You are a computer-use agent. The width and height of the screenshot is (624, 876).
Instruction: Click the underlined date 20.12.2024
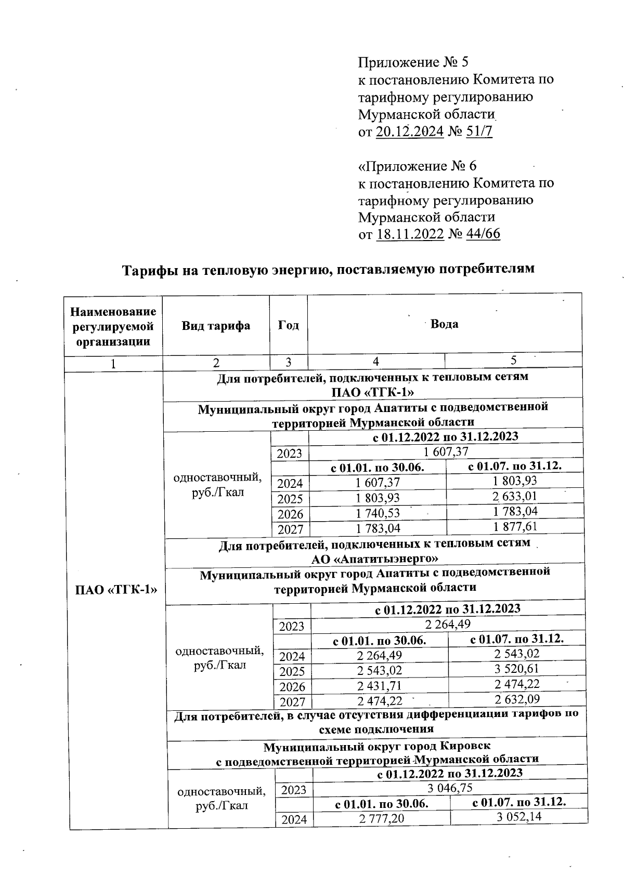409,131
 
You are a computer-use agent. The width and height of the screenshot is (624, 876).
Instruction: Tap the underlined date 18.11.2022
410,234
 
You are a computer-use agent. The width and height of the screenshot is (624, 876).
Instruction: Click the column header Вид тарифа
216,326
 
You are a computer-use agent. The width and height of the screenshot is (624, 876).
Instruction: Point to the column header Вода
445,324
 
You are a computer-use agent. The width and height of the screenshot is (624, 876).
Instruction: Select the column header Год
289,326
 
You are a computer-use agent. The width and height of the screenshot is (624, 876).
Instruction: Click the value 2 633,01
514,496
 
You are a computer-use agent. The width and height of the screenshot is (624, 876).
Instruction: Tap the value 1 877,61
515,526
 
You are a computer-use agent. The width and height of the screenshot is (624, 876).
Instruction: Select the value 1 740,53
378,512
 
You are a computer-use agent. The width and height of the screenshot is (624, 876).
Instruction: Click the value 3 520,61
516,669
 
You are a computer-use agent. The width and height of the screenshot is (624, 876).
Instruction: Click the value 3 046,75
449,788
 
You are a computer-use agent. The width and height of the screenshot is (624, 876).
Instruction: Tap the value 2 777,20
382,819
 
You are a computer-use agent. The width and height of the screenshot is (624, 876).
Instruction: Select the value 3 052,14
518,818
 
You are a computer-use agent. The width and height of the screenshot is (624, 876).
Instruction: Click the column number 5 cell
513,361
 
